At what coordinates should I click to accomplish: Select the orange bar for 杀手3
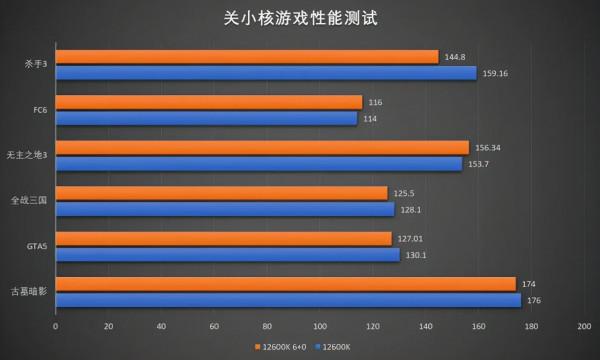click(246, 57)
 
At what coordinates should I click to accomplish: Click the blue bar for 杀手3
click(265, 73)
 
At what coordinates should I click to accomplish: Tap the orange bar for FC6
click(208, 102)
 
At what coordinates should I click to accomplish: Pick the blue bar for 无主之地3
click(258, 164)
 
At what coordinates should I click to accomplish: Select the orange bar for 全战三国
click(221, 193)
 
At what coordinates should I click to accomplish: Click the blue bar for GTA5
click(227, 254)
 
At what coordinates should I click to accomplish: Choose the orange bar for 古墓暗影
click(285, 284)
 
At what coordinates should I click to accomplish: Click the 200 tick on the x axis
click(583, 326)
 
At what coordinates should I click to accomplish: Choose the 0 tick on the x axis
click(55, 326)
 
